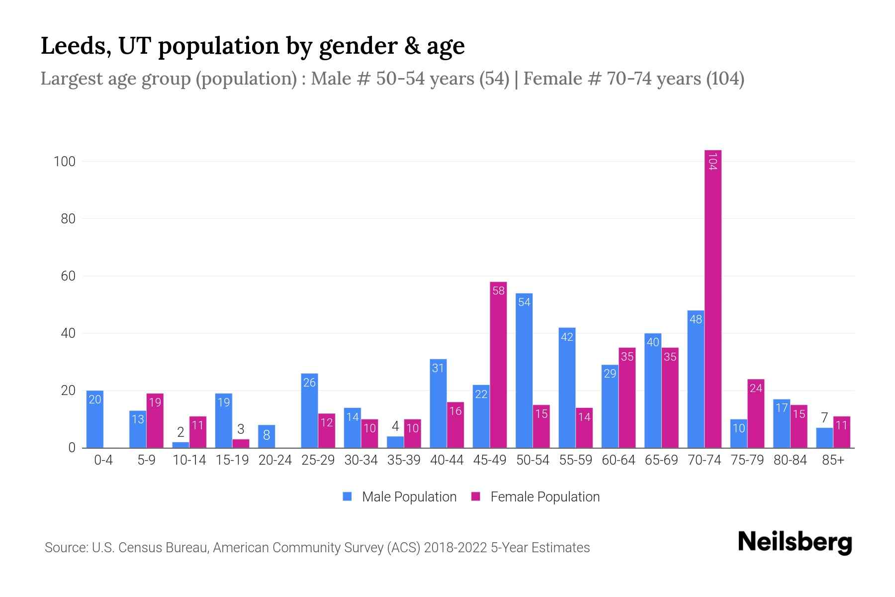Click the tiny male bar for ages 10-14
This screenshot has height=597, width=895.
(x=180, y=445)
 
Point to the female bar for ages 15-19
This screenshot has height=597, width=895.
(x=241, y=443)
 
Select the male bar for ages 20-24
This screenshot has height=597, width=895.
(x=267, y=436)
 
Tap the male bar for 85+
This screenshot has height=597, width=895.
(x=824, y=438)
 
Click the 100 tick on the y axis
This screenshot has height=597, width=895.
(x=64, y=162)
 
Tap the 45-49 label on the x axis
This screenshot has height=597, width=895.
(x=490, y=460)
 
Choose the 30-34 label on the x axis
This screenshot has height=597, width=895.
(x=361, y=460)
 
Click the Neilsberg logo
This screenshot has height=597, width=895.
(x=795, y=543)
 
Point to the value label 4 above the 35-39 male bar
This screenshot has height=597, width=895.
(x=395, y=426)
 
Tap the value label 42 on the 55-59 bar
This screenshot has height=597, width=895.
(x=567, y=337)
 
